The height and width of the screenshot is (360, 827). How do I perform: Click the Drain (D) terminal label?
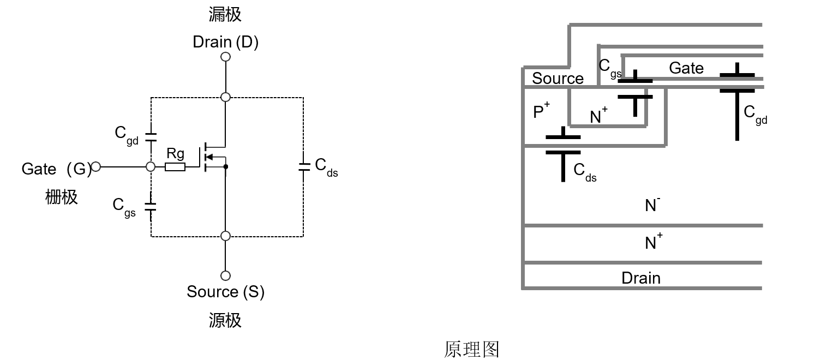pyautogui.click(x=225, y=42)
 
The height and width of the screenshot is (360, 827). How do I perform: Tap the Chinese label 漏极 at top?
pyautogui.click(x=225, y=15)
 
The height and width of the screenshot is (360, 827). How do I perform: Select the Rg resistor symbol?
pyautogui.click(x=175, y=166)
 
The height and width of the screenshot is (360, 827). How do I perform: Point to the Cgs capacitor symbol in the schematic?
pyautogui.click(x=151, y=206)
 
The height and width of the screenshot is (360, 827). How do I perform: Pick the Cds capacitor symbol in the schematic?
pyautogui.click(x=303, y=166)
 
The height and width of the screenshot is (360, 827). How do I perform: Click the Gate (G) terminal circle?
pyautogui.click(x=96, y=166)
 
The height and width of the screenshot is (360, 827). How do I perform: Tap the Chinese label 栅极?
pyautogui.click(x=61, y=196)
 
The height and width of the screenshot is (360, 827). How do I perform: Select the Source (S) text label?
pyautogui.click(x=225, y=292)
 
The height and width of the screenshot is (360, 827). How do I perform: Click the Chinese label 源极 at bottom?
pyautogui.click(x=225, y=320)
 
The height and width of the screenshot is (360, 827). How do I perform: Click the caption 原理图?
pyautogui.click(x=471, y=349)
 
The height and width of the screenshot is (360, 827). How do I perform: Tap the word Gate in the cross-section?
pyautogui.click(x=686, y=68)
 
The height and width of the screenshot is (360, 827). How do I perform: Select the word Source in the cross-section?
pyautogui.click(x=558, y=79)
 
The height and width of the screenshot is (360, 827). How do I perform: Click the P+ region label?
pyautogui.click(x=541, y=112)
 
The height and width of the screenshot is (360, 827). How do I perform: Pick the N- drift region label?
pyautogui.click(x=652, y=205)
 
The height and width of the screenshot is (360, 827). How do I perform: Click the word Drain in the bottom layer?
pyautogui.click(x=641, y=278)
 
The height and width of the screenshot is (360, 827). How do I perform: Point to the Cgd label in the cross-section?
pyautogui.click(x=755, y=115)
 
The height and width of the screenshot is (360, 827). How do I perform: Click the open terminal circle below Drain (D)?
pyautogui.click(x=225, y=57)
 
